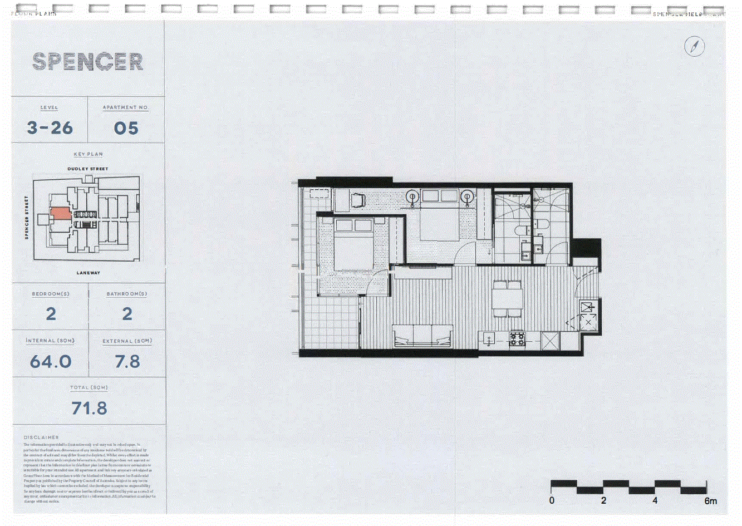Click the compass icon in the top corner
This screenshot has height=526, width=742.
694,46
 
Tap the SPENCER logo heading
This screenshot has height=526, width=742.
87,61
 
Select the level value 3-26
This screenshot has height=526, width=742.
50,128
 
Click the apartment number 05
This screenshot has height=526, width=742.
126,129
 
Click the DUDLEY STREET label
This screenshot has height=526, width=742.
88,169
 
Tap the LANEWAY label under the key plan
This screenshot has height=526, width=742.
89,273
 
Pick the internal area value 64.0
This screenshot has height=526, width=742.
51,362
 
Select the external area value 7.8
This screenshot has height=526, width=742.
127,362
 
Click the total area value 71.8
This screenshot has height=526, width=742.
90,409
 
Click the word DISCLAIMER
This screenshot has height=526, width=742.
41,437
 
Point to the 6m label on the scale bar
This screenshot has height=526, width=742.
710,501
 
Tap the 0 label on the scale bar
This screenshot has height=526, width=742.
552,500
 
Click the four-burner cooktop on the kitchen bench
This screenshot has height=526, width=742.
517,339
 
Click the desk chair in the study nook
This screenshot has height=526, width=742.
357,200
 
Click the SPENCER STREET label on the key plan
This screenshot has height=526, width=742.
26,217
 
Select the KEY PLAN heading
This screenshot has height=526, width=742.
88,154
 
